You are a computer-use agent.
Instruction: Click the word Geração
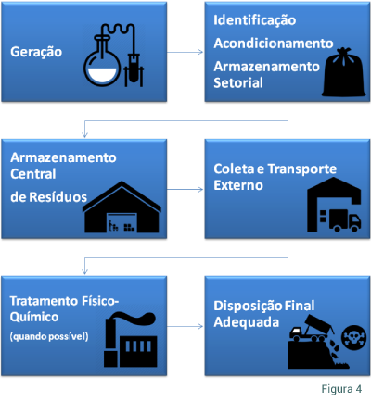[x=36, y=52]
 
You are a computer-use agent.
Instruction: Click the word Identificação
[x=255, y=20]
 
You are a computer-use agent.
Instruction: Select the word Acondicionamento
[x=274, y=44]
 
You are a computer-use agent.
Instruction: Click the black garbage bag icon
[x=344, y=72]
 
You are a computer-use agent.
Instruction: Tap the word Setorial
[x=238, y=82]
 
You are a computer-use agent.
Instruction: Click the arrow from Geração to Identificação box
[x=185, y=52]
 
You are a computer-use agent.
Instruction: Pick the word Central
[x=33, y=174]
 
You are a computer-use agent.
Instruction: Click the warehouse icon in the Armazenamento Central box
[x=122, y=207]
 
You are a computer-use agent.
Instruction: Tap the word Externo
[x=238, y=185]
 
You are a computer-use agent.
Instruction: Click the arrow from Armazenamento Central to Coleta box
[x=185, y=189]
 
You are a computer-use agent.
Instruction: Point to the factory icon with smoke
[x=130, y=340]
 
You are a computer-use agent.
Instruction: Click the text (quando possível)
[x=49, y=336]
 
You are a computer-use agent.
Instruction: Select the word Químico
[x=34, y=317]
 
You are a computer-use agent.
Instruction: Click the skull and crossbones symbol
[x=353, y=337]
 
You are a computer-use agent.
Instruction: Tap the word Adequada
[x=247, y=322]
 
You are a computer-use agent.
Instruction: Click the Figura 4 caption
[x=341, y=389]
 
